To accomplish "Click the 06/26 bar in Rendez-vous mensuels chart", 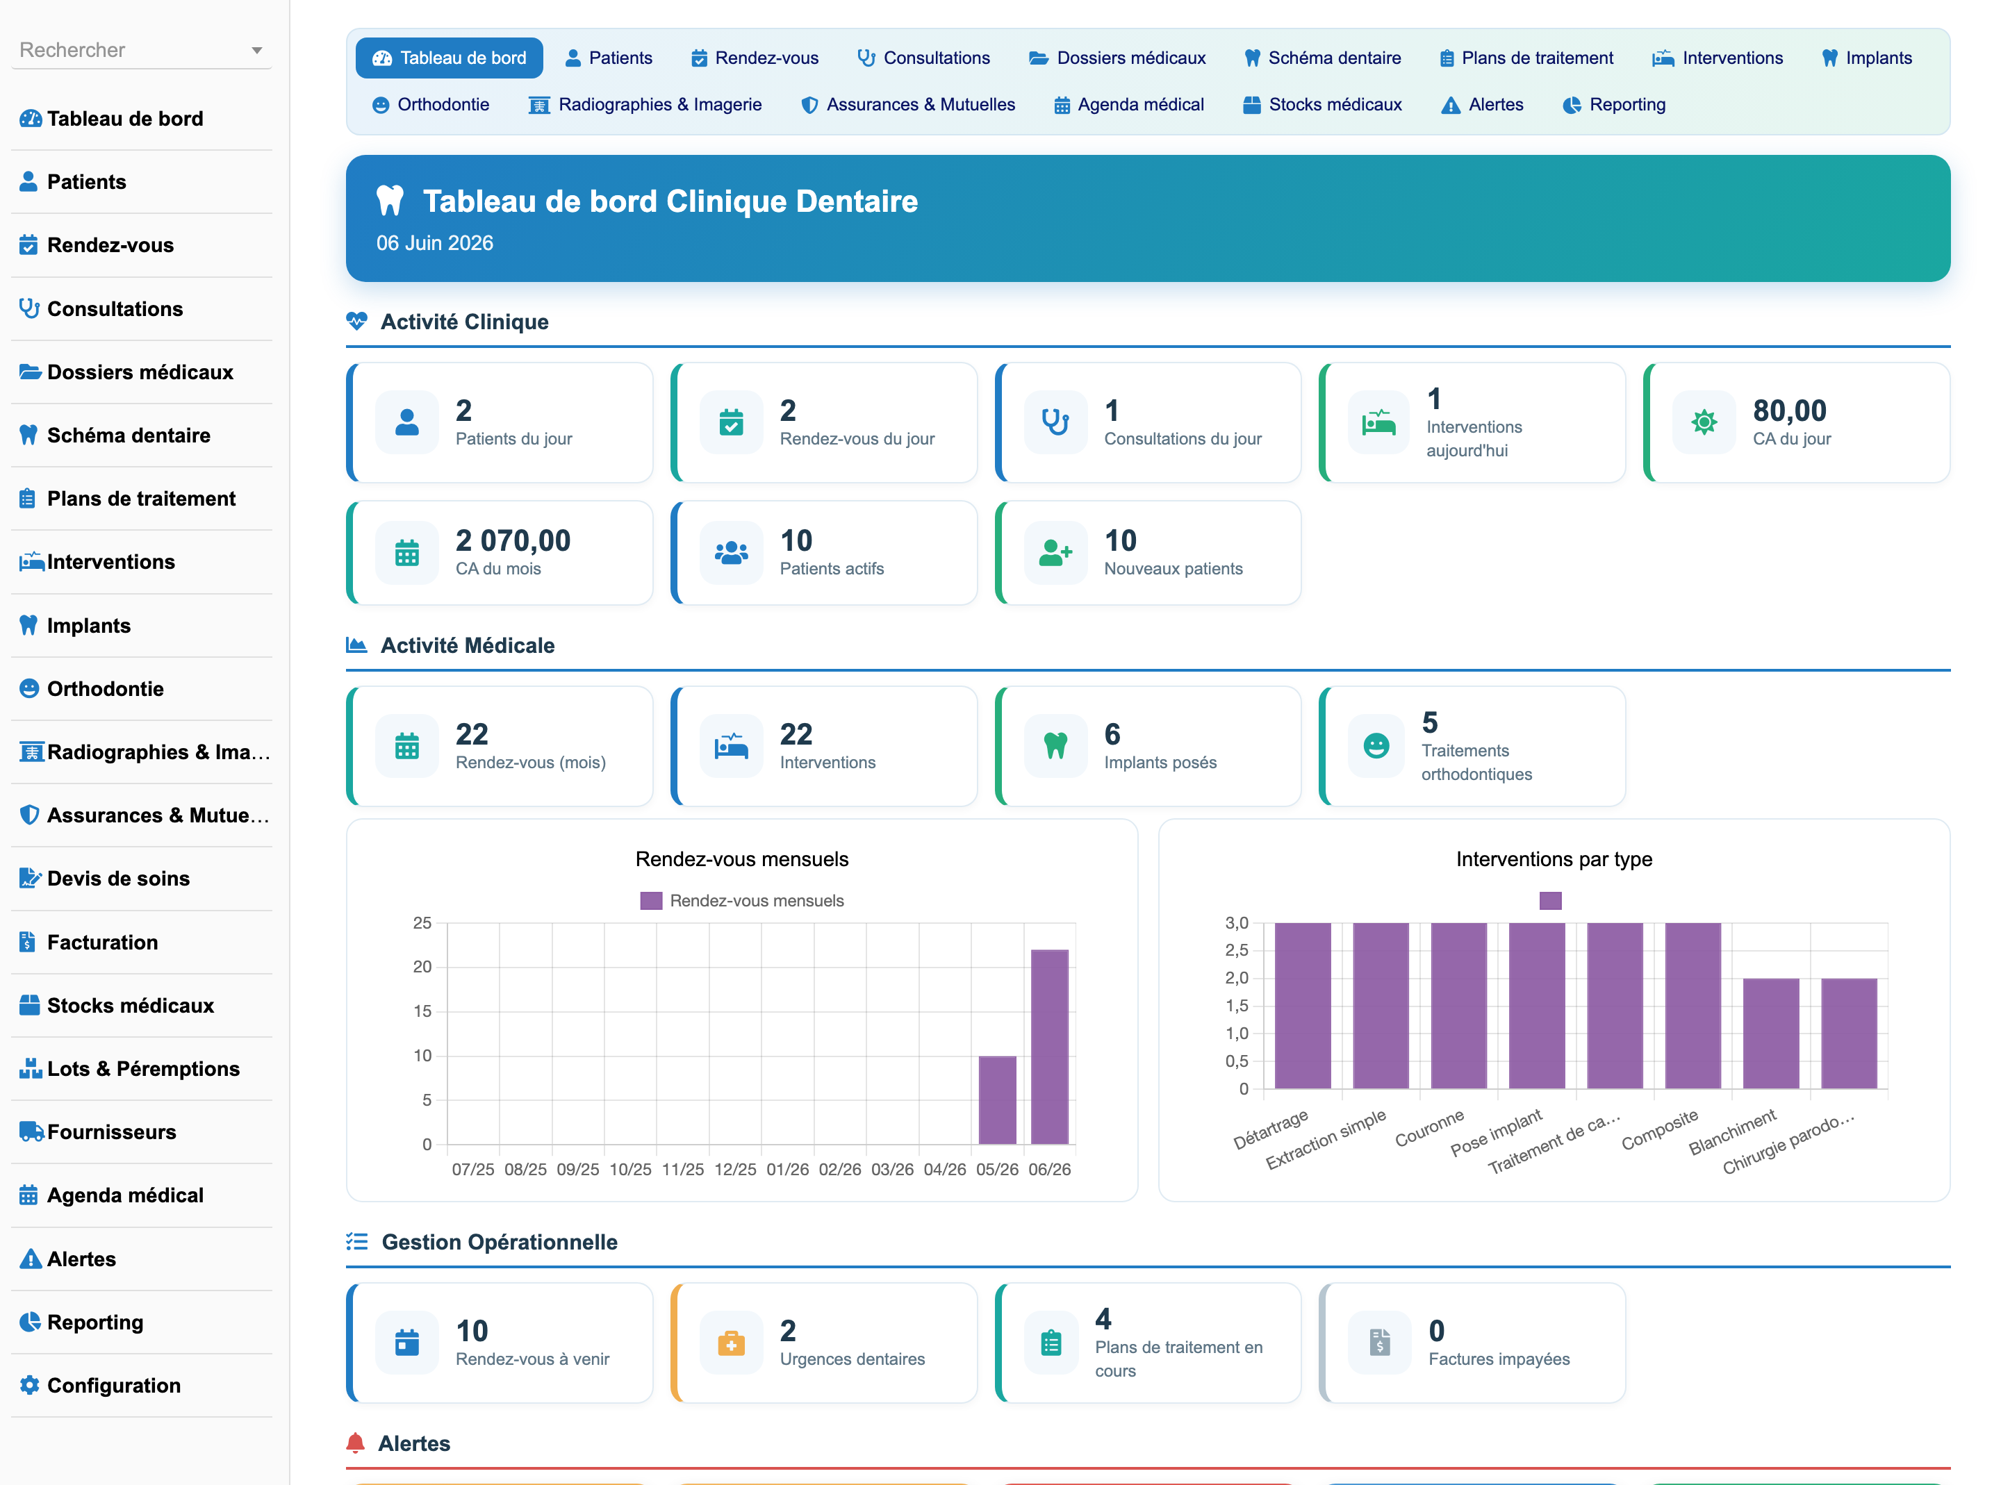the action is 1049,1046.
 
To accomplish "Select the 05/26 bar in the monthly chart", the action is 997,1100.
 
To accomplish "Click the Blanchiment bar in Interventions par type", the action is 1771,1034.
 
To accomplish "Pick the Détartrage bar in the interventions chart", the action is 1303,1006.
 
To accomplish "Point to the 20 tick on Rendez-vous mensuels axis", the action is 422,968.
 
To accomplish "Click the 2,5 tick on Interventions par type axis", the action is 1236,950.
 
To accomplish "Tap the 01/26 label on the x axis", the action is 787,1170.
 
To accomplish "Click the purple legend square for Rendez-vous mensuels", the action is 651,901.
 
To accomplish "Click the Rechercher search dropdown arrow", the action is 257,50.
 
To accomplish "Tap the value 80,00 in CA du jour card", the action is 1789,410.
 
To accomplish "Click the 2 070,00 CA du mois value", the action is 512,540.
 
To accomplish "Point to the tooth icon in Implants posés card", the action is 1055,745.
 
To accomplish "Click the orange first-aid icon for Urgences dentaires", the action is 731,1343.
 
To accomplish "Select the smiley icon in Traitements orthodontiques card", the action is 1376,745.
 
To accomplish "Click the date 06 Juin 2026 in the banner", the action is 434,242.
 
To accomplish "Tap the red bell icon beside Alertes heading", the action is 355,1443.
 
